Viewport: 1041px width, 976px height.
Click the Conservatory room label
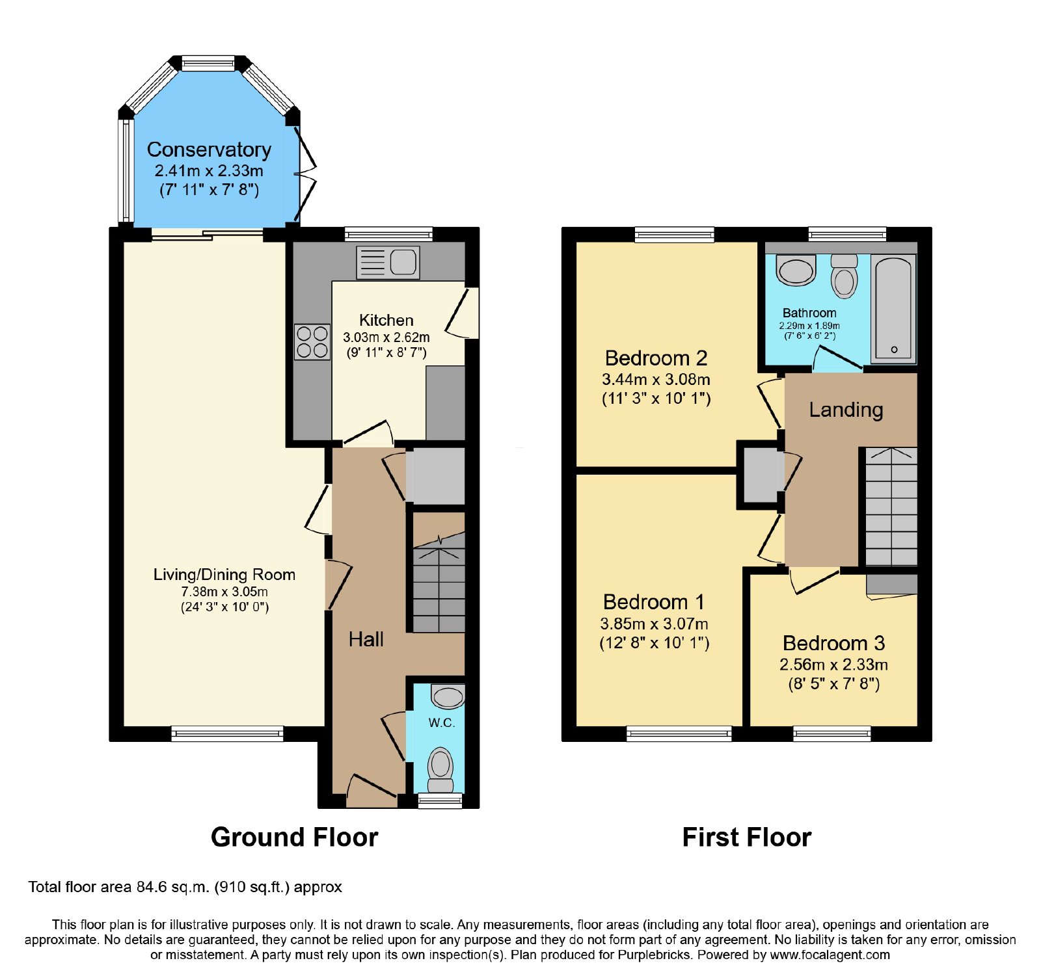(x=209, y=150)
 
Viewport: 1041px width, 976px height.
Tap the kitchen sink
(x=388, y=263)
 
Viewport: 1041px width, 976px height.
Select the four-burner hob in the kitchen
(x=312, y=342)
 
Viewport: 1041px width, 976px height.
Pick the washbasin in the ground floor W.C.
(x=448, y=696)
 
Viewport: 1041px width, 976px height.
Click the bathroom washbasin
(x=796, y=270)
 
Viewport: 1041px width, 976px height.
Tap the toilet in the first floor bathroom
(x=845, y=276)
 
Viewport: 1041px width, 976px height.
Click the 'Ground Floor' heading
(x=294, y=838)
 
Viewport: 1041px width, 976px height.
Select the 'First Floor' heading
(x=746, y=838)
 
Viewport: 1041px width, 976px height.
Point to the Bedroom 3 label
(x=833, y=643)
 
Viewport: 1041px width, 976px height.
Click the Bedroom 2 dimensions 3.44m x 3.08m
(x=656, y=379)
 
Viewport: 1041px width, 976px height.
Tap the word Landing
(x=846, y=410)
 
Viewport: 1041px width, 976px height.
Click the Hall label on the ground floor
(x=366, y=639)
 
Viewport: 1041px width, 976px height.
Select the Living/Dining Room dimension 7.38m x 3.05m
(x=224, y=592)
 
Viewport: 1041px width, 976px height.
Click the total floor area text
(x=185, y=887)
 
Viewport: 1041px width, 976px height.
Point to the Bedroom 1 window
(x=679, y=733)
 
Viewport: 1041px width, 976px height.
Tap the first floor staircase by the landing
(x=891, y=507)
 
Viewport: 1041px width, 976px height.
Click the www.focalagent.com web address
(x=830, y=955)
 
